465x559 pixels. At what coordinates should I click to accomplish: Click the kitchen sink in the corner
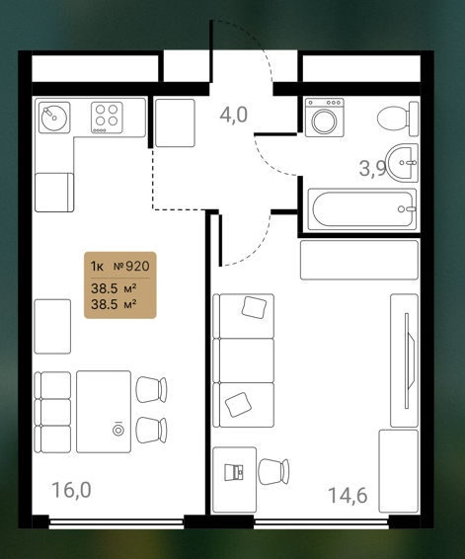tap(54, 118)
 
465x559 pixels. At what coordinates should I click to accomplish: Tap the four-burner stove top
tap(107, 118)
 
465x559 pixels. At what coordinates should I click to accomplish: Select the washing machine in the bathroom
tap(325, 118)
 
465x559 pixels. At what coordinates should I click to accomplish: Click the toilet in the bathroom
tap(398, 119)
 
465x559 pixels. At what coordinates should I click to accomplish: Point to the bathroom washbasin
tap(403, 163)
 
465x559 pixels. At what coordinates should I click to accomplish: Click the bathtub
tap(362, 209)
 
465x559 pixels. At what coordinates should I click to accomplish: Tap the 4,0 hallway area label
tap(233, 116)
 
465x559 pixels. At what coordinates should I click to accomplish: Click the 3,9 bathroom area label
tap(373, 168)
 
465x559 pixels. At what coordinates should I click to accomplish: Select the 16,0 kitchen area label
tap(72, 490)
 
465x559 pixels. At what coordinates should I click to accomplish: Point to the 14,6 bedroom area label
tap(348, 495)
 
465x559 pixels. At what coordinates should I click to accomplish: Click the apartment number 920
tap(137, 266)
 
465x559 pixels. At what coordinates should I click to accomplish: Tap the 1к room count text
tap(97, 266)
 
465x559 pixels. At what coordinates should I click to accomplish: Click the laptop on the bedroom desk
tap(234, 472)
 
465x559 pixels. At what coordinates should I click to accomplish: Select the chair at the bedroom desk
tap(273, 472)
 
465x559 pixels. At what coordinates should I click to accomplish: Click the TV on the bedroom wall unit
tap(409, 360)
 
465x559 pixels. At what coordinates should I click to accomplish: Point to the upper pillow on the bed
tap(254, 307)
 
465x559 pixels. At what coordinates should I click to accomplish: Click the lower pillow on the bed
tap(238, 405)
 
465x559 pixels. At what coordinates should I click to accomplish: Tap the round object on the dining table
tap(118, 430)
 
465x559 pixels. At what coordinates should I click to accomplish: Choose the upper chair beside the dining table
tap(151, 390)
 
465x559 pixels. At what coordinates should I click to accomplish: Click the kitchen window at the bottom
tap(116, 522)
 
